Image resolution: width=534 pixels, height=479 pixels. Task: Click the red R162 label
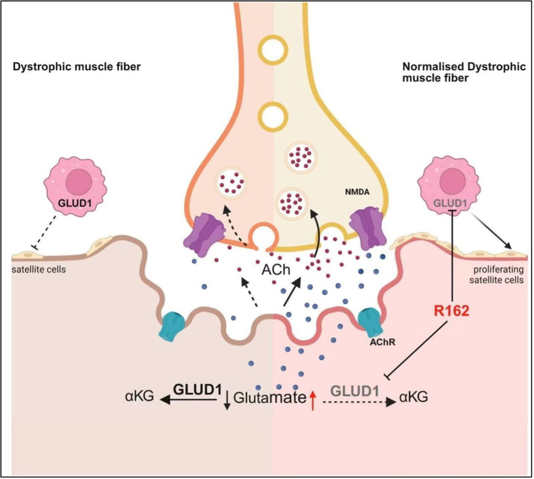451,310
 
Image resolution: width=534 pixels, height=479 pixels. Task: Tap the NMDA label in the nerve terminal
357,192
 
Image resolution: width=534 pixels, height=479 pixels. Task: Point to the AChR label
383,342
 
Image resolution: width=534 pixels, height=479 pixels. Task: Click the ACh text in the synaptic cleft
276,270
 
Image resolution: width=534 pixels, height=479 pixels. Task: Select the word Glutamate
270,397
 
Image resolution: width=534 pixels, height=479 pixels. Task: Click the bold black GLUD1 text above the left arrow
197,390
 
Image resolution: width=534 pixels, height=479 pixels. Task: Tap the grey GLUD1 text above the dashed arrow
355,391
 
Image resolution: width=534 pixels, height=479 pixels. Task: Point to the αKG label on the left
140,396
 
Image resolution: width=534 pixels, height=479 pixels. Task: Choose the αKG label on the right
413,397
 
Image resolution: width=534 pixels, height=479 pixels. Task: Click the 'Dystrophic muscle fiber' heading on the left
77,66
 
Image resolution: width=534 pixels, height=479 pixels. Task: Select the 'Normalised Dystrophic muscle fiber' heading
464,72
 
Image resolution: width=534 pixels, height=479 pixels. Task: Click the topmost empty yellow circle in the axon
273,50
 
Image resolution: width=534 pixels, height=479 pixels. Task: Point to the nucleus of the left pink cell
79,182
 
